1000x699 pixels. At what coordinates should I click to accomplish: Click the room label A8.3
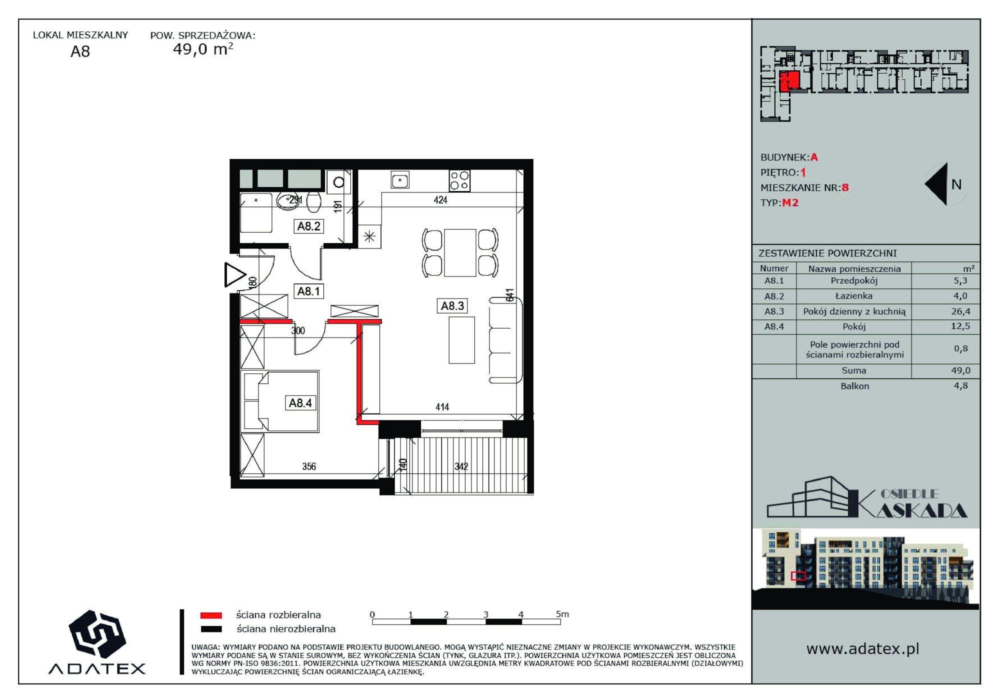coord(452,305)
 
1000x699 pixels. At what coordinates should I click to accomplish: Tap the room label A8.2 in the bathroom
coord(308,226)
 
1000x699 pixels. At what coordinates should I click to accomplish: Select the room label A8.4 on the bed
coord(300,403)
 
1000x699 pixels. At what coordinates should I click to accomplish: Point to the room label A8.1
coord(308,291)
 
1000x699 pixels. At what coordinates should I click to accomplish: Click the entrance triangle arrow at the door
coord(233,274)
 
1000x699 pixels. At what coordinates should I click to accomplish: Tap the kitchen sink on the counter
coord(400,180)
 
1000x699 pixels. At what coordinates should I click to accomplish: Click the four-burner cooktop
coord(459,180)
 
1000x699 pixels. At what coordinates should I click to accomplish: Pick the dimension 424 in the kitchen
coord(440,200)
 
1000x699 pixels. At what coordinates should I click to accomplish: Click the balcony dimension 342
coord(461,466)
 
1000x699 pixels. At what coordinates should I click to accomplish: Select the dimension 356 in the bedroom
coord(309,466)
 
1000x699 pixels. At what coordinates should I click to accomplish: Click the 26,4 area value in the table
coord(960,311)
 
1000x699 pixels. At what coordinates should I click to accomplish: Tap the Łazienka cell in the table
coord(853,296)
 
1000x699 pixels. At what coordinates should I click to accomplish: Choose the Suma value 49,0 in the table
coord(960,370)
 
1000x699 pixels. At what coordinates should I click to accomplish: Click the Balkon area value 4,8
coord(960,385)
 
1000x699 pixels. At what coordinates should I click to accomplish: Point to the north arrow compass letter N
coord(956,184)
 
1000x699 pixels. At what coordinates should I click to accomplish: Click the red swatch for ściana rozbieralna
coord(211,615)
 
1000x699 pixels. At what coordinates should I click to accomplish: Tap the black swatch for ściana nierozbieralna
coord(211,629)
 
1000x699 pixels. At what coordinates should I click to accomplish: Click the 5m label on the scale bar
coord(562,614)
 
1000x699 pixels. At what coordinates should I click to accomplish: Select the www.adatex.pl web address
coord(862,649)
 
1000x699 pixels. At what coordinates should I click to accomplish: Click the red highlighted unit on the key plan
coord(789,80)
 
